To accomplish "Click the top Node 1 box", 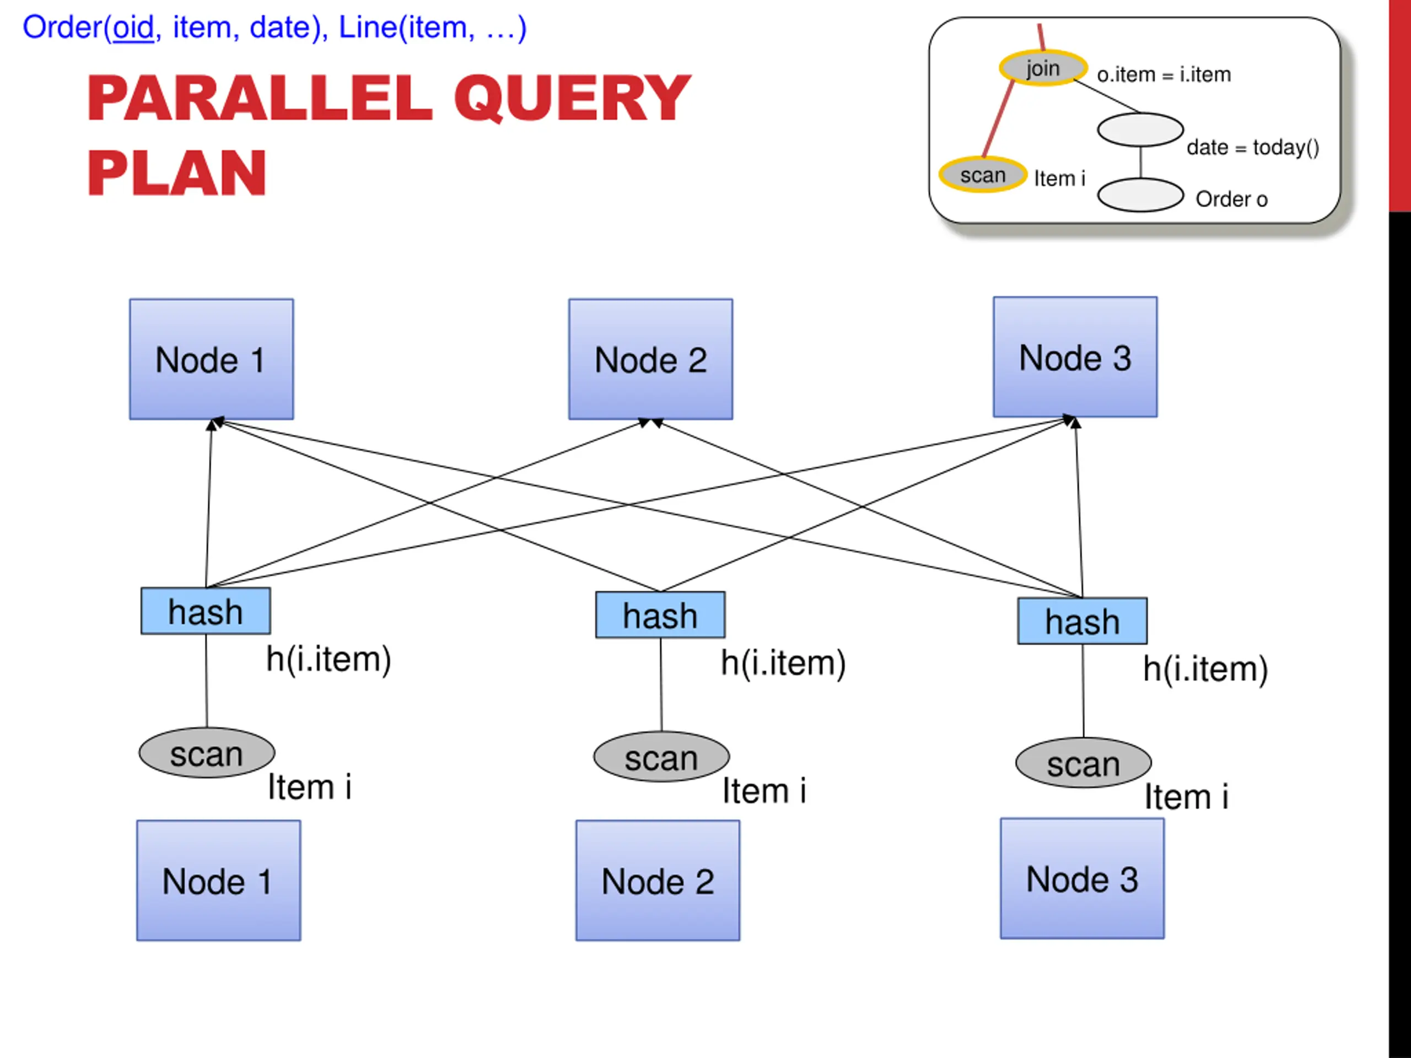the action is coord(212,359).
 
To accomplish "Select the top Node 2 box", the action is coord(650,359).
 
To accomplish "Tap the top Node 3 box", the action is coord(1075,357).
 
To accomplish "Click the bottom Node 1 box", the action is coord(219,881).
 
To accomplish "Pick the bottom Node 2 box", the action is coord(658,881).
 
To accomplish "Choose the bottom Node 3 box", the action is coord(1082,879).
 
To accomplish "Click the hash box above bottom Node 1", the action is coord(206,611).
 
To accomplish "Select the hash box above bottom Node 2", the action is coord(660,615).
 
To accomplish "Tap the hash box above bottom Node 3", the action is coord(1082,621).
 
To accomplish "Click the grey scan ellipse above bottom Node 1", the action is coord(207,753).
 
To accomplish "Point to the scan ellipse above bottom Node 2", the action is coord(661,757).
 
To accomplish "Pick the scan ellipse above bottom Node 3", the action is coord(1083,763).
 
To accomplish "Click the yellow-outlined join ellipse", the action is coord(1043,67).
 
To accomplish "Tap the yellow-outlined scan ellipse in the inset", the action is coord(983,174).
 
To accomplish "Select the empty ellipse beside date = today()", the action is coord(1140,129).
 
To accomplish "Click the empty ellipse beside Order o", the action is coord(1140,195).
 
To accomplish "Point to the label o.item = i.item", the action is coord(1164,74).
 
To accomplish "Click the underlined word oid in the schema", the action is coord(133,28).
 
